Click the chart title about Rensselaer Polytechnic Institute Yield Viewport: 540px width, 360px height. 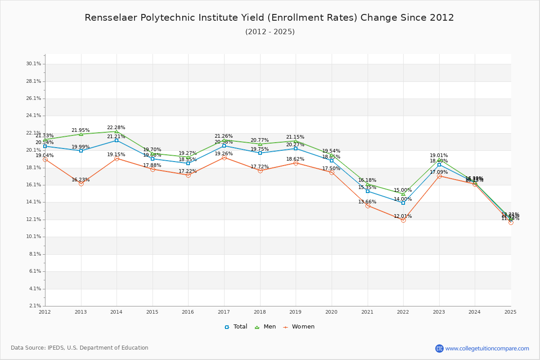pyautogui.click(x=270, y=18)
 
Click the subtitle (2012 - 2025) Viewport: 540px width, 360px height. pyautogui.click(x=270, y=31)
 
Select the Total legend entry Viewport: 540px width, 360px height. pyautogui.click(x=236, y=327)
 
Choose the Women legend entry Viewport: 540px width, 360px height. pyautogui.click(x=299, y=327)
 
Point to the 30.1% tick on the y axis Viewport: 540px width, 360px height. pyautogui.click(x=34, y=64)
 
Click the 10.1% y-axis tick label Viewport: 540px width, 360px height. pyautogui.click(x=34, y=237)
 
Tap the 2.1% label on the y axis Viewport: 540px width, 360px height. pyautogui.click(x=35, y=306)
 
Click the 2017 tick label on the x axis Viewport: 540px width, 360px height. pyautogui.click(x=224, y=311)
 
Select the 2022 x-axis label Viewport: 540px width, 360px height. pyautogui.click(x=403, y=311)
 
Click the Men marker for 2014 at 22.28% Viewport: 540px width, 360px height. pyautogui.click(x=117, y=131)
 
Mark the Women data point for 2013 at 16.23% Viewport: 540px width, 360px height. pyautogui.click(x=81, y=184)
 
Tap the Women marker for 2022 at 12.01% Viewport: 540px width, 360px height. pyautogui.click(x=403, y=220)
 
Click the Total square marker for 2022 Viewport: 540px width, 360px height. pyautogui.click(x=403, y=203)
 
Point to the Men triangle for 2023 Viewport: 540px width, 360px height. pyautogui.click(x=439, y=160)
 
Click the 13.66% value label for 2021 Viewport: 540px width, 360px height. pyautogui.click(x=367, y=202)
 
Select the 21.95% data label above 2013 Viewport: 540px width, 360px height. pyautogui.click(x=81, y=130)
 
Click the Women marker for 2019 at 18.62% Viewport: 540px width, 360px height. pyautogui.click(x=296, y=163)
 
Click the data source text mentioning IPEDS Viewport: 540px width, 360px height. pyautogui.click(x=80, y=348)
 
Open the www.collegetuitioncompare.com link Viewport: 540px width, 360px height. pyautogui.click(x=487, y=348)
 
